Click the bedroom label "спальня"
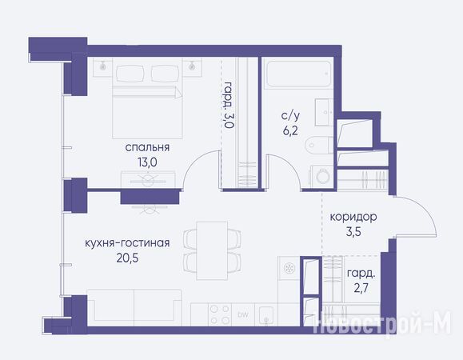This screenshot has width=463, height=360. (x=147, y=147)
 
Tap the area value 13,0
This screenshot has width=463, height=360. (x=147, y=162)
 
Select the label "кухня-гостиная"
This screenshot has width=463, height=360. (x=127, y=243)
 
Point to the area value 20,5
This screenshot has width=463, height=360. (x=127, y=258)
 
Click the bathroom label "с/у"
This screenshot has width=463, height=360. (x=290, y=115)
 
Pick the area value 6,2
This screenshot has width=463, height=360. (x=290, y=130)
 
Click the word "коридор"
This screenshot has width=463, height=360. (x=353, y=217)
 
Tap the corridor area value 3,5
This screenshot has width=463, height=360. (x=353, y=232)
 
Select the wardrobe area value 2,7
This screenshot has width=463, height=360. (x=361, y=288)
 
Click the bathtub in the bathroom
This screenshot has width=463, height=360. (x=298, y=74)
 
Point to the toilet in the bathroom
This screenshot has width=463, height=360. (x=319, y=145)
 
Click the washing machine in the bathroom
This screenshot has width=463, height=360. (x=321, y=176)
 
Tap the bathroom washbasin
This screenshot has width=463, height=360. (x=324, y=112)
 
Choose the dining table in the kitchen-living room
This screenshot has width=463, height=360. (x=212, y=250)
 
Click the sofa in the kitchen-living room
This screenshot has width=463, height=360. (x=134, y=307)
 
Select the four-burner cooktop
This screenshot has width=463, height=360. (x=220, y=315)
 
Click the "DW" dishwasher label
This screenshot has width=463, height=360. (x=243, y=315)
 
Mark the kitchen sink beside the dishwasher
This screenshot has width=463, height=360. (x=266, y=315)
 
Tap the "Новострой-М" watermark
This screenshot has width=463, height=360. (x=382, y=322)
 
